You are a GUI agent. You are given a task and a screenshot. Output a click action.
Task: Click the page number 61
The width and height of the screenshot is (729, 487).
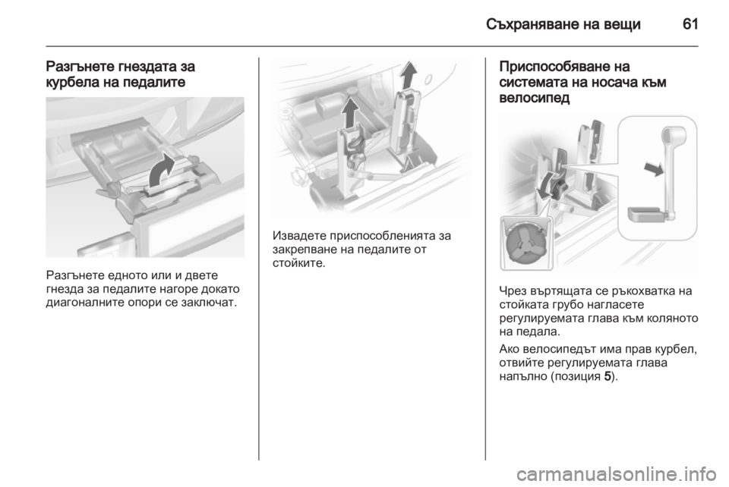690,24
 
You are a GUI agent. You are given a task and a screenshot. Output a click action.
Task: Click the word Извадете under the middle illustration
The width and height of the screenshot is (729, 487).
298,236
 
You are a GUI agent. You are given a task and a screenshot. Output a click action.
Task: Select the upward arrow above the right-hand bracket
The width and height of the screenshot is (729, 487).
408,75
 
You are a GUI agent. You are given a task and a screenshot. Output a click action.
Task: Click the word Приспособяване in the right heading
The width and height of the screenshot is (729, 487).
551,68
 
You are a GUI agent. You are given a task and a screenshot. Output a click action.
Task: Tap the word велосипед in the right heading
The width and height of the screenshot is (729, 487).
534,98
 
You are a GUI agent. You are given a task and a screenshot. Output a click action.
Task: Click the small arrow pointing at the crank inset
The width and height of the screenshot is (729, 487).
654,168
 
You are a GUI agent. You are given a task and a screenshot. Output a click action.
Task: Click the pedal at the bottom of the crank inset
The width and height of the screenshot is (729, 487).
647,215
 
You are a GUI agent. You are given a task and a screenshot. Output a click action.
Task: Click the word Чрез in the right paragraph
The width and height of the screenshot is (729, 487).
513,291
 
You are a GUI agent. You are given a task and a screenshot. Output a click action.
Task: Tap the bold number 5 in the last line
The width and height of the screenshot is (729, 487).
607,376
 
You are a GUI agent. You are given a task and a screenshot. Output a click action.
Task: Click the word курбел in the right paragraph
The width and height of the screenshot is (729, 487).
674,349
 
